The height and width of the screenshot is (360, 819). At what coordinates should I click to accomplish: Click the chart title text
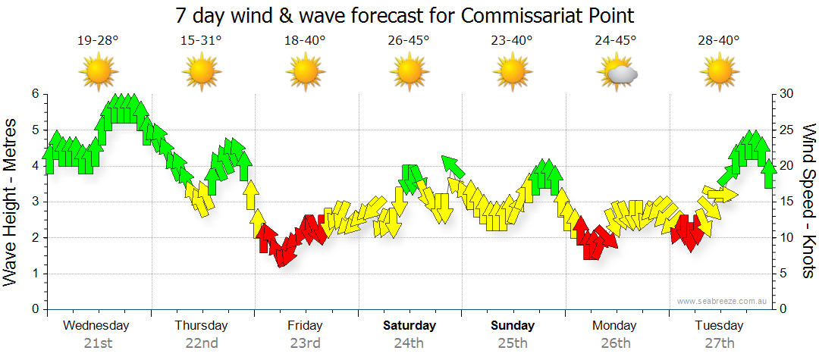(x=405, y=15)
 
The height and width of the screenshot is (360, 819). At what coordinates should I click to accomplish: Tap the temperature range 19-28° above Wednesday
(x=98, y=41)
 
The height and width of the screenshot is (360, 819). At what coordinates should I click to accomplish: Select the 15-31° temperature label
(x=201, y=41)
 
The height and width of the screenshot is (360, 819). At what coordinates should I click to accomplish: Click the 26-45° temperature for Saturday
(x=409, y=41)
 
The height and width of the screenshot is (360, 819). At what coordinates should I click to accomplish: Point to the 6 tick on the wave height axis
(x=34, y=94)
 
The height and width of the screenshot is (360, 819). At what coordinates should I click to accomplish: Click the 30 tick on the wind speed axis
(x=786, y=94)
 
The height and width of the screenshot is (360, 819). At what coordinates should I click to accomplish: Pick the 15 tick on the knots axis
(x=786, y=202)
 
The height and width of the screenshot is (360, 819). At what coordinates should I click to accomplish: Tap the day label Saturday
(x=409, y=326)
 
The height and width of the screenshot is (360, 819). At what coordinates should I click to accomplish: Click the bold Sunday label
(x=513, y=326)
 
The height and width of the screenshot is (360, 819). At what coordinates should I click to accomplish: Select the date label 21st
(x=98, y=343)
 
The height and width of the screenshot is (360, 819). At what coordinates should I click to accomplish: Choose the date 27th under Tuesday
(x=719, y=343)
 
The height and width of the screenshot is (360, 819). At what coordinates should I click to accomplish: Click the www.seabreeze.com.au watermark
(x=723, y=301)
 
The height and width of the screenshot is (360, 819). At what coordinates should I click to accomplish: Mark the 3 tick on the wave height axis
(x=34, y=202)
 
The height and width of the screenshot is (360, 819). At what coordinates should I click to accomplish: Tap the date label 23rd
(x=305, y=343)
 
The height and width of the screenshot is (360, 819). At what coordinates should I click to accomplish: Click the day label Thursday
(x=201, y=326)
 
